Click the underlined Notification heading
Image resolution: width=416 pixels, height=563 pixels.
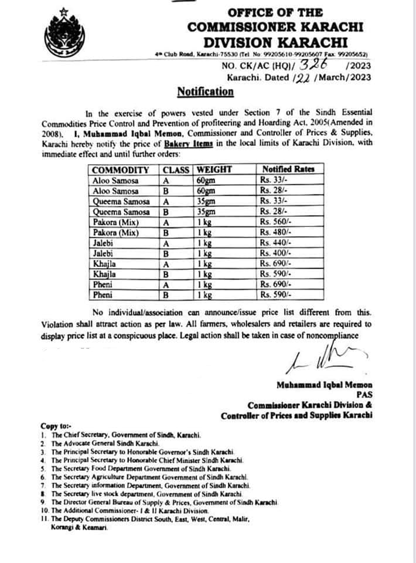(205, 91)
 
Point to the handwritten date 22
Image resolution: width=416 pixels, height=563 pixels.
(300, 77)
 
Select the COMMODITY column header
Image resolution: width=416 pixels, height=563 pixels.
(121, 170)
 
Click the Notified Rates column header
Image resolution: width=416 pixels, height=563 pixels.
(288, 170)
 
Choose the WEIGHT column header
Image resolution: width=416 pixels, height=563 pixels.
(214, 170)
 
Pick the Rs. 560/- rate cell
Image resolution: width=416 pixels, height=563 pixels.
(276, 222)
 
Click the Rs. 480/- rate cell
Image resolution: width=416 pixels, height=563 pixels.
(276, 233)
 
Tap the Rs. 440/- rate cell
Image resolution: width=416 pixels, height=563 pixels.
(276, 243)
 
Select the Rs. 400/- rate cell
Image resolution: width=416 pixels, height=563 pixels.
(276, 253)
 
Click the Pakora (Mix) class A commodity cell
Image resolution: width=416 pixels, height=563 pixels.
(114, 222)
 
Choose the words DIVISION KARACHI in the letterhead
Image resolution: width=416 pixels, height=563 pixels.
(275, 42)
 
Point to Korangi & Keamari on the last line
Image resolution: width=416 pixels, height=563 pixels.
(75, 528)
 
